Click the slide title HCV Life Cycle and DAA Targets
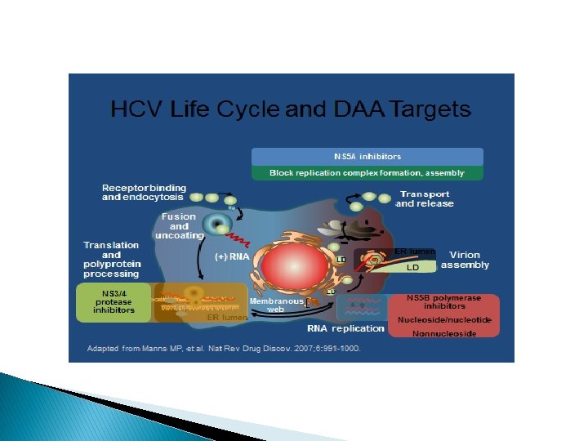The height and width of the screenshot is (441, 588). (x=291, y=109)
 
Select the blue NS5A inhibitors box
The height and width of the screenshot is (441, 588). (x=367, y=156)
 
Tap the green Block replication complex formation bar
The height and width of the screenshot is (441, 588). (x=367, y=173)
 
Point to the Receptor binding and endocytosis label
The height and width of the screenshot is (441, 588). (x=144, y=193)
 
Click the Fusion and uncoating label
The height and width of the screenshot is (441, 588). (x=179, y=225)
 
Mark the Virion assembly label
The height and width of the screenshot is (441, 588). (x=465, y=259)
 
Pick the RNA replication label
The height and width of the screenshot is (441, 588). (x=345, y=328)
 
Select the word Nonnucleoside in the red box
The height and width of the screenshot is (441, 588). (x=444, y=334)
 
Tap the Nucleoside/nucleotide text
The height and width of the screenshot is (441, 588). (x=444, y=319)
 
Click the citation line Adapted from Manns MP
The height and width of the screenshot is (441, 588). (x=224, y=349)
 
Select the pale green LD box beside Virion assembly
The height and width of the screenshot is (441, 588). (x=412, y=267)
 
